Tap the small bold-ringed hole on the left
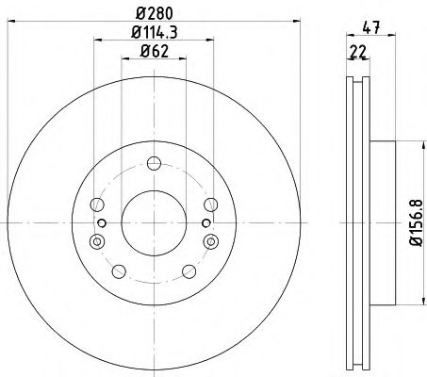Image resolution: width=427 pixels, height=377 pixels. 101,223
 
